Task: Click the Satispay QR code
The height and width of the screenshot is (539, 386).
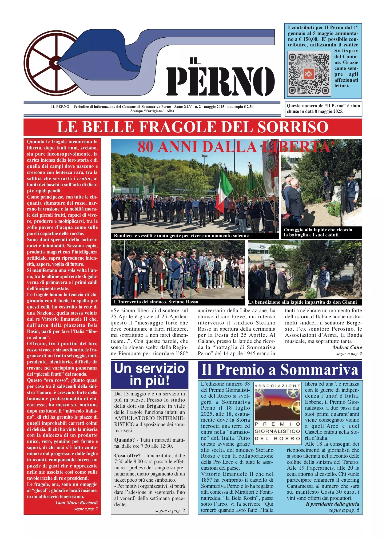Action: click(309, 74)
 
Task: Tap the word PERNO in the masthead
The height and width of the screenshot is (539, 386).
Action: click(221, 81)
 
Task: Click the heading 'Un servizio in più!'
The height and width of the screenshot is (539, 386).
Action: click(150, 374)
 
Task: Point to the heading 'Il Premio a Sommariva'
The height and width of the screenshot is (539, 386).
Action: click(280, 370)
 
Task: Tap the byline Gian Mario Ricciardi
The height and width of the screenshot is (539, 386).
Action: click(77, 503)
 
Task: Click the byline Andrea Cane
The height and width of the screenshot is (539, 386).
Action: click(347, 347)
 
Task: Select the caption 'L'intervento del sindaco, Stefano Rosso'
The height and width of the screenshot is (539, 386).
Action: click(156, 302)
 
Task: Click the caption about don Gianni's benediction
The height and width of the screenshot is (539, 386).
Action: click(302, 302)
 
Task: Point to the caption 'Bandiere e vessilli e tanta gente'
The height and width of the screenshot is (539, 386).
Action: click(181, 236)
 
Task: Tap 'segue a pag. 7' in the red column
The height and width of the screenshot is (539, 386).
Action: click(86, 509)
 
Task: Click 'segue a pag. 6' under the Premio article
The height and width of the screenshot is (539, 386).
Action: click(344, 510)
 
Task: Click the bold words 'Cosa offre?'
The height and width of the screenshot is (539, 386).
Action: click(127, 455)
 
